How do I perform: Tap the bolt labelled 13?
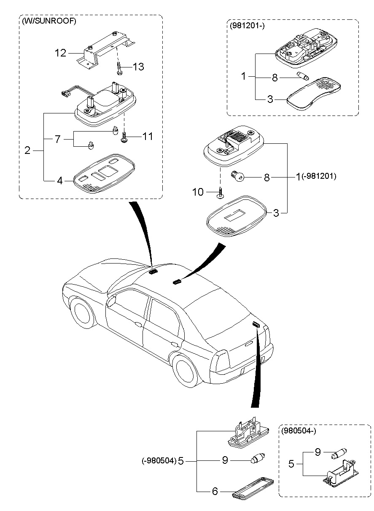119,67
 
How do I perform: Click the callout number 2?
27,150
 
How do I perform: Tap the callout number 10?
198,192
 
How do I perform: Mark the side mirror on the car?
111,301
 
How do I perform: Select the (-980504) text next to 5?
159,461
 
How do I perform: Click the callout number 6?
215,492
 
